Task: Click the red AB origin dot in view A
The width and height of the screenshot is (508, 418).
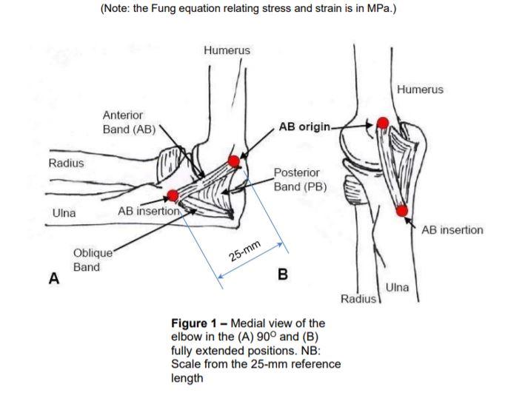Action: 234,161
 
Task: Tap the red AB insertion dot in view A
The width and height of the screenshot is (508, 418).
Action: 173,195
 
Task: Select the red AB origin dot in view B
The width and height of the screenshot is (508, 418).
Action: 382,124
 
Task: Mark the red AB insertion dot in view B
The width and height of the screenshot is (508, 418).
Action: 401,211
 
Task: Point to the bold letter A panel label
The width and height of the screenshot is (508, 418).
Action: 53,279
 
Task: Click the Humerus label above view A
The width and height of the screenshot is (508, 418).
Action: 227,50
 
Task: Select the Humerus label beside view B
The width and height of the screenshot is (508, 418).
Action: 420,90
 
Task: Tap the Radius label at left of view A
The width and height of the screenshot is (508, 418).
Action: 66,162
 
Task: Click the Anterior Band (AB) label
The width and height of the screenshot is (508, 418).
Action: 123,122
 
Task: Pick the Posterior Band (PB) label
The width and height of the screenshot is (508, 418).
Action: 300,179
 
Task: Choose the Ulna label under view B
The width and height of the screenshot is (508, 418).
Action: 397,288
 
